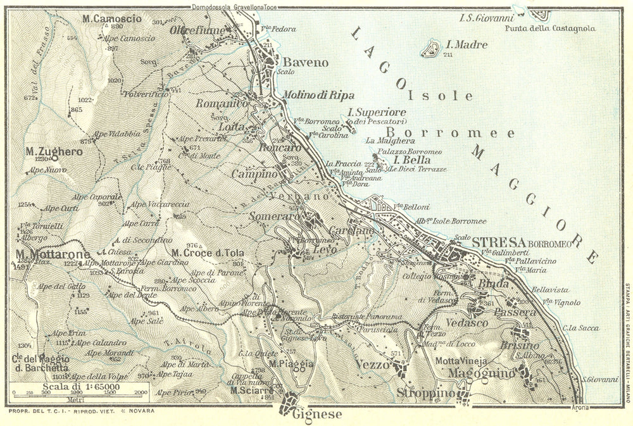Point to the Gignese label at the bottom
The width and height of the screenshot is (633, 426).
point(317,415)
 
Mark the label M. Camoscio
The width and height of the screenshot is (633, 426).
point(112,18)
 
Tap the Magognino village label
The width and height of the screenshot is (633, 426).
point(481,373)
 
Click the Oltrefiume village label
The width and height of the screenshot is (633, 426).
point(195,29)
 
